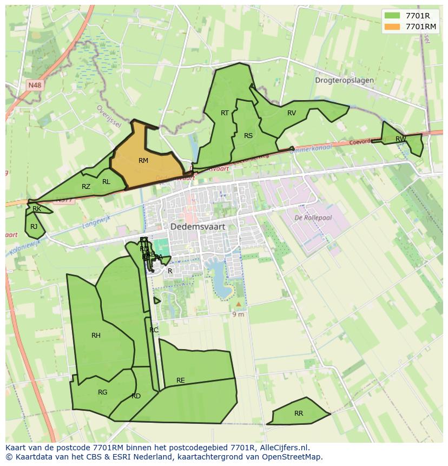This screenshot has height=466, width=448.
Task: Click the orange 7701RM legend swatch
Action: pyautogui.click(x=392, y=27)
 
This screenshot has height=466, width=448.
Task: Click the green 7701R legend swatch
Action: pyautogui.click(x=392, y=16)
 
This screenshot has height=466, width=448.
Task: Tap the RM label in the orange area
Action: pyautogui.click(x=143, y=161)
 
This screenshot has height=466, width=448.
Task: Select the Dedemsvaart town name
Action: pyautogui.click(x=197, y=227)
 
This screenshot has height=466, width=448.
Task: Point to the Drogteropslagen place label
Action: pyautogui.click(x=344, y=80)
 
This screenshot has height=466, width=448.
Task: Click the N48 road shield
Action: pyautogui.click(x=35, y=85)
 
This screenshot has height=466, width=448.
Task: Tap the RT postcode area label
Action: pyautogui.click(x=225, y=113)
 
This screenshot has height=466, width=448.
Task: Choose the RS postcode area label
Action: pyautogui.click(x=248, y=136)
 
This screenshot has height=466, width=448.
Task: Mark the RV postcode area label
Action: pyautogui.click(x=292, y=113)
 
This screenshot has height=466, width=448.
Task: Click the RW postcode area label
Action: pyautogui.click(x=400, y=139)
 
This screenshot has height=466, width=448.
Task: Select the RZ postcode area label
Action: pyautogui.click(x=86, y=187)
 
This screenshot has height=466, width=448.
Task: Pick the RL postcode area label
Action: pyautogui.click(x=106, y=182)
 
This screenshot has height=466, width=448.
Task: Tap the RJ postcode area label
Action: pyautogui.click(x=34, y=227)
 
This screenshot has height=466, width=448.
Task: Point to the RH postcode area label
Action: pyautogui.click(x=96, y=336)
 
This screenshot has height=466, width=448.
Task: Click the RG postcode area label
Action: pyautogui.click(x=103, y=392)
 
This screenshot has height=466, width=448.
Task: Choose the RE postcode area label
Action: pyautogui.click(x=181, y=380)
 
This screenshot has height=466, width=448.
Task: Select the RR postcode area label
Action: pyautogui.click(x=299, y=414)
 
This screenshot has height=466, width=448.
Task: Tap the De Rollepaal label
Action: pyautogui.click(x=313, y=218)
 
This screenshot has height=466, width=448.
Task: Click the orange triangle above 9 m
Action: pyautogui.click(x=238, y=304)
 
